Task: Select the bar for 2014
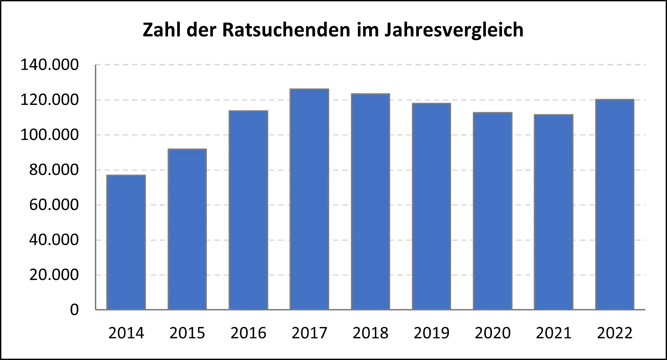click(x=126, y=242)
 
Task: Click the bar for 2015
click(x=187, y=229)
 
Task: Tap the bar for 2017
click(x=310, y=199)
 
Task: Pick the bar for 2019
click(x=431, y=206)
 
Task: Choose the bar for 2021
click(x=553, y=212)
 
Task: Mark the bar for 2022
click(x=614, y=205)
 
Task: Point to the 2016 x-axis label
click(x=248, y=333)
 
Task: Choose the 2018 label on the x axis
click(x=371, y=333)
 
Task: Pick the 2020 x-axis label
click(x=492, y=333)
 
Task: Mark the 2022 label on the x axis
click(x=614, y=333)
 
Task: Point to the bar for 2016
click(x=248, y=210)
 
